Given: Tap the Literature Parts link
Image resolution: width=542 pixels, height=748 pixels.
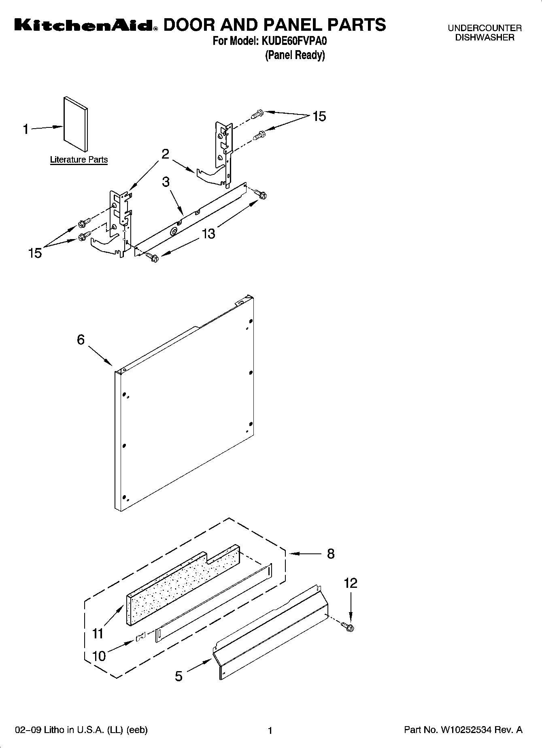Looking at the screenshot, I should point(79,159).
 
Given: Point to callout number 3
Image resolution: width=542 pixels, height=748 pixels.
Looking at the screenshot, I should point(166,182).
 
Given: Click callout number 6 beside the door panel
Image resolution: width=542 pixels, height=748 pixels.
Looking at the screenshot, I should point(81,339).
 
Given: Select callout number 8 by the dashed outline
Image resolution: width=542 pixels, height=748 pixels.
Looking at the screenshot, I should point(331,554).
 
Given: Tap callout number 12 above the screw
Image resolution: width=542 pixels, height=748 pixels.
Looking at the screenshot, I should point(351,583).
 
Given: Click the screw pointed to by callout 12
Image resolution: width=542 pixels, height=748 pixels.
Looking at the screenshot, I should point(349,627).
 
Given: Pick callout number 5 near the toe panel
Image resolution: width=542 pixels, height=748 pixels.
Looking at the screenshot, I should point(179,676).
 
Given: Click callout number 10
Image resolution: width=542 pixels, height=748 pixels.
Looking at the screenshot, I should point(99,656).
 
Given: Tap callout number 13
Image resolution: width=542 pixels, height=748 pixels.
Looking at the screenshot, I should point(208,233).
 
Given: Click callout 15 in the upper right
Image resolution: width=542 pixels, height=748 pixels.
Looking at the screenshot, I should point(319,117).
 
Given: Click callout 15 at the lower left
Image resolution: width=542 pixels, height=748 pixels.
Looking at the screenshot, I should point(35,253).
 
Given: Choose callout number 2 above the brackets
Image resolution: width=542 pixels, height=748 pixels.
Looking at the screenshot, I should point(165,154).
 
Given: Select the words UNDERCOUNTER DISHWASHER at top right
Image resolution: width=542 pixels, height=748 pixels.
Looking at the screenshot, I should point(485,33).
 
